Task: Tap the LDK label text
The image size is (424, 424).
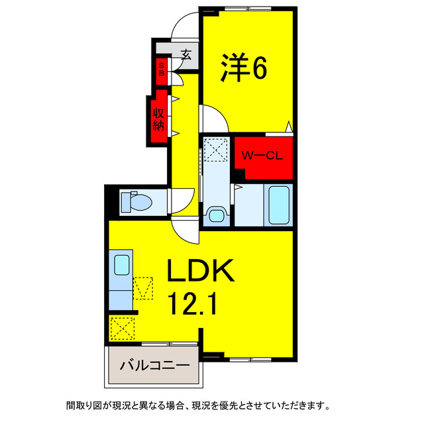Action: coord(199,272)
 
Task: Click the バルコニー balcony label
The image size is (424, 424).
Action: coord(154,365)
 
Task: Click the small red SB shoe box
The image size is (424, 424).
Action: coord(161,70)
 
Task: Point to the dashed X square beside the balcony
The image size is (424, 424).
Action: coord(122,327)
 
